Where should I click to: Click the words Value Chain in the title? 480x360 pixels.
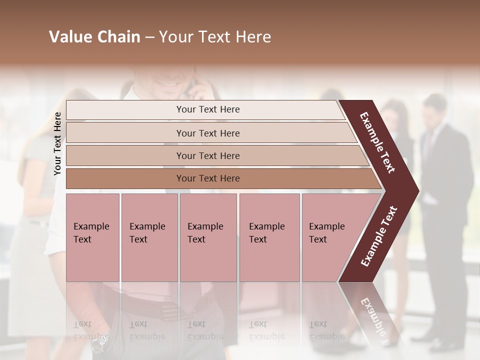[x=94, y=37]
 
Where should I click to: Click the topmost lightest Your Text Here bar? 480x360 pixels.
[x=207, y=109]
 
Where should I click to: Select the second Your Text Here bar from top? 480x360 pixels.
[x=207, y=133]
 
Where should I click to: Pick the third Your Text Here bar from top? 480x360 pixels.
[x=207, y=155]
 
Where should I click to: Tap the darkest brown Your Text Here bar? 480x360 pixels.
[x=207, y=178]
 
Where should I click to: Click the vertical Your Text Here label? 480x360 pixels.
[x=57, y=143]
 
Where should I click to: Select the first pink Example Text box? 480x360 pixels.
[x=92, y=237]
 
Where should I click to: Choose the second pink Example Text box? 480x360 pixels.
[x=149, y=237]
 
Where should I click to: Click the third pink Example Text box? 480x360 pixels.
[x=208, y=237]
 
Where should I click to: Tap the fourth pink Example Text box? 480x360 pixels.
[x=269, y=237]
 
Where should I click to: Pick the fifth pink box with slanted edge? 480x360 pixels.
[x=330, y=237]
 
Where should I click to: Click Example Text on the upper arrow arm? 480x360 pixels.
[x=378, y=142]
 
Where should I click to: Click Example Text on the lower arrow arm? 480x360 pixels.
[x=379, y=236]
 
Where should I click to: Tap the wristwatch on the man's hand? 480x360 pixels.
[x=100, y=342]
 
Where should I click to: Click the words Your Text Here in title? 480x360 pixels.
[x=215, y=37]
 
